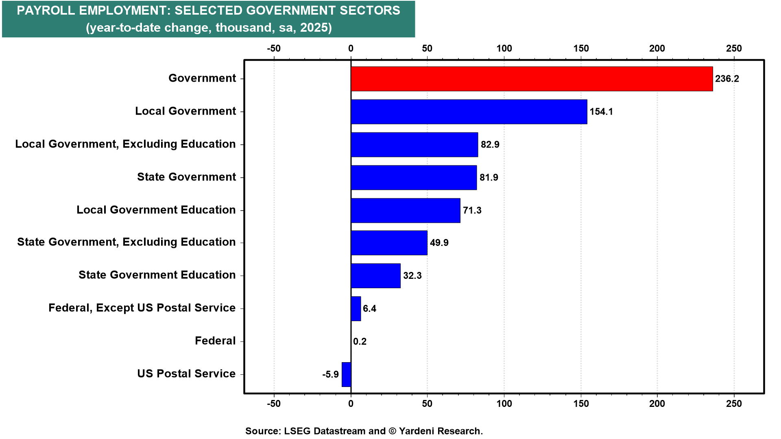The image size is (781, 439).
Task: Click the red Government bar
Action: pos(532,79)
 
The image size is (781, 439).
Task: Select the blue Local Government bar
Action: pos(469,112)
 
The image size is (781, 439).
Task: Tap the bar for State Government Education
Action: pos(375,276)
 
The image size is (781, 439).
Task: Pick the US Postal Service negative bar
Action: pos(347,374)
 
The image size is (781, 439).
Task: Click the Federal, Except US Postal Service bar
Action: pos(356,309)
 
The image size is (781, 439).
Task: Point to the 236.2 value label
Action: pos(727,79)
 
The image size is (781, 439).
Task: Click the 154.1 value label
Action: pos(601,112)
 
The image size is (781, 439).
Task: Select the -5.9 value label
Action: pos(330,374)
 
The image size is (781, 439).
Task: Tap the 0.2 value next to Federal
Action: pos(360,341)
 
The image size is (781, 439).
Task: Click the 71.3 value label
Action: pos(472,211)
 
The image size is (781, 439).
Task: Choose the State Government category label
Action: pos(186,177)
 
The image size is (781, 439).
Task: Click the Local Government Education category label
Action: pos(156,210)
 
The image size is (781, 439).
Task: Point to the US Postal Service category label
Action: pos(186,374)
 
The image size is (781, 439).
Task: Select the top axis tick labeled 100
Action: pos(504,48)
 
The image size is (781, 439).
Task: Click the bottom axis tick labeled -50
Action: pos(274,404)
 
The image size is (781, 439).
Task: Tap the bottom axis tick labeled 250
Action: pos(734,404)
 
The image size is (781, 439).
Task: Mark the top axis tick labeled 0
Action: pos(351,48)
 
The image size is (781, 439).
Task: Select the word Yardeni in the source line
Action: pos(417,431)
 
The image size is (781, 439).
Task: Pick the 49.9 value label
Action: pos(439,243)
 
